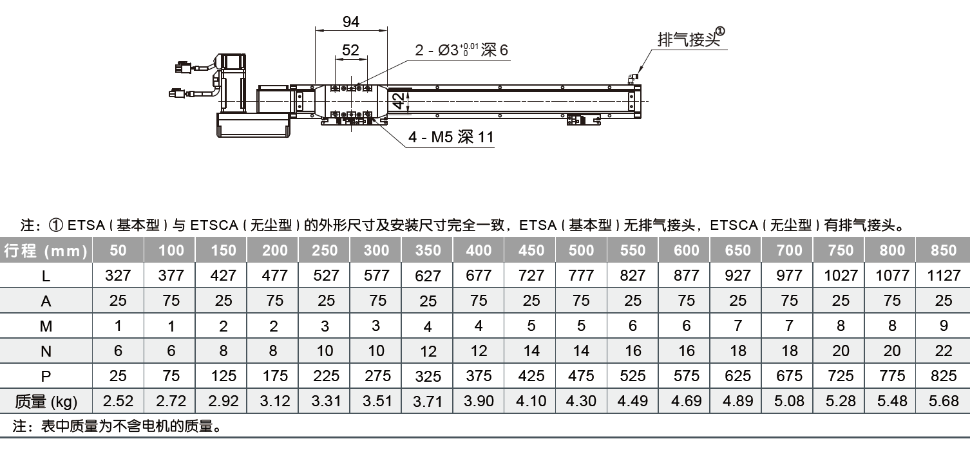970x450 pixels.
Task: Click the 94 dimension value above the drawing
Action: [x=351, y=22]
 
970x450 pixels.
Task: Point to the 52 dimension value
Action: [x=350, y=50]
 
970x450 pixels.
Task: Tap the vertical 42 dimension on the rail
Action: [x=399, y=101]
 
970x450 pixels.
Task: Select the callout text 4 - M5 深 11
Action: [x=451, y=137]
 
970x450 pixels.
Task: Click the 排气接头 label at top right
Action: [x=689, y=40]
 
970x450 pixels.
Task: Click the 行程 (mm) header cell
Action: [x=46, y=250]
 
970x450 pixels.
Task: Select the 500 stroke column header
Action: [x=581, y=250]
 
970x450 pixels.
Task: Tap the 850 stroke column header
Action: [x=944, y=250]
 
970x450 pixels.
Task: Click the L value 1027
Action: [x=841, y=276]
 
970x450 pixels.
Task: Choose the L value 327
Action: [x=118, y=276]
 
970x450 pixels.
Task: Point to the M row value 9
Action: [x=944, y=326]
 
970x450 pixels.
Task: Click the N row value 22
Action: [x=944, y=351]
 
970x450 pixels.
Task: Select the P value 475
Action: [x=581, y=376]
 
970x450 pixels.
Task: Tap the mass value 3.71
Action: [x=428, y=402]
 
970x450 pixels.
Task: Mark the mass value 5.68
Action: [x=944, y=401]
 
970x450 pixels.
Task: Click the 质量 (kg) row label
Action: [x=46, y=402]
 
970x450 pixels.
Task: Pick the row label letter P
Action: [x=46, y=377]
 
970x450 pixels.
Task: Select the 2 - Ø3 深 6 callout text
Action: [x=461, y=50]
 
